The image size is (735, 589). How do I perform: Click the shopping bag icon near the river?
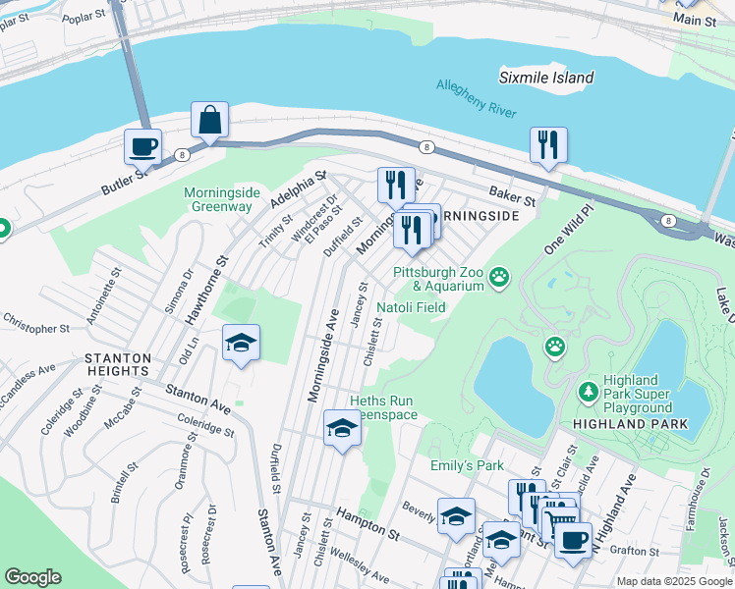210,120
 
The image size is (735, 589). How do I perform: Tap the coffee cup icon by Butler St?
142,147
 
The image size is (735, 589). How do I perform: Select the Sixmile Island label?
545,78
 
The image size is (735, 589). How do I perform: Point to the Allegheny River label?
477,99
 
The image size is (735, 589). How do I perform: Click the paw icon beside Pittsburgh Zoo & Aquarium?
500,277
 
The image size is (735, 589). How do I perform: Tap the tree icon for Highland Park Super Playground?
589,393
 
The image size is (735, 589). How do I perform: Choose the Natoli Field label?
412,307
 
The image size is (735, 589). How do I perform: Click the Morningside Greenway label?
218,199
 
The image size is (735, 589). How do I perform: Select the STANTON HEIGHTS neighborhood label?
117,364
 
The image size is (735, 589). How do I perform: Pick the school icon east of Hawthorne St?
241,344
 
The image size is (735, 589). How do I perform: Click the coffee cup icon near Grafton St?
573,538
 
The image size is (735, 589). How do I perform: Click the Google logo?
33,577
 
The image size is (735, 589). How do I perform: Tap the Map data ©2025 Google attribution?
673,580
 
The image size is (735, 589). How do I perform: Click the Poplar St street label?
84,19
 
